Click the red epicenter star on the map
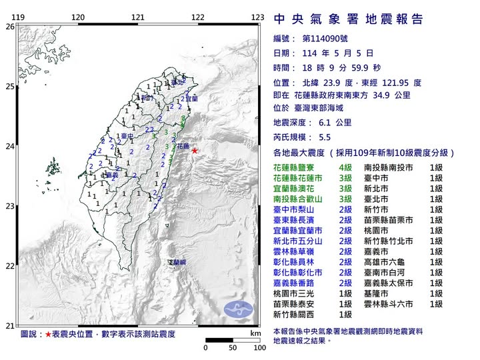click(x=195, y=151)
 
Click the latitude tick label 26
click(x=9, y=27)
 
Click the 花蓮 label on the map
click(x=181, y=145)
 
